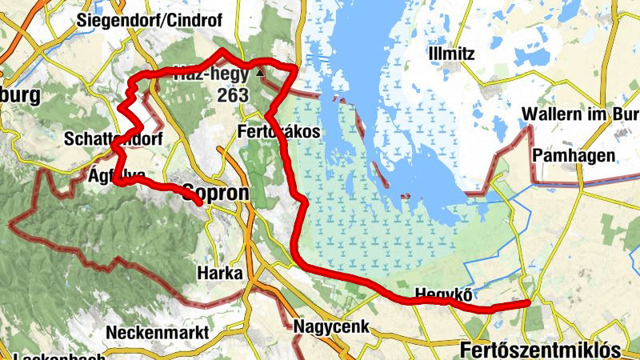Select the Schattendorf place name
tap(113, 139)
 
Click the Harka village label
tap(218, 274)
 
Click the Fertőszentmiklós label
tap(541, 350)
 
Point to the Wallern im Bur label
tap(581, 114)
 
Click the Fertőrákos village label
tap(279, 131)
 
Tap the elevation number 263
tap(232, 96)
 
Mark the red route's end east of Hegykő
tap(529, 303)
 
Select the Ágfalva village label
tap(117, 175)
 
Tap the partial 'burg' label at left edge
tap(20, 97)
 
